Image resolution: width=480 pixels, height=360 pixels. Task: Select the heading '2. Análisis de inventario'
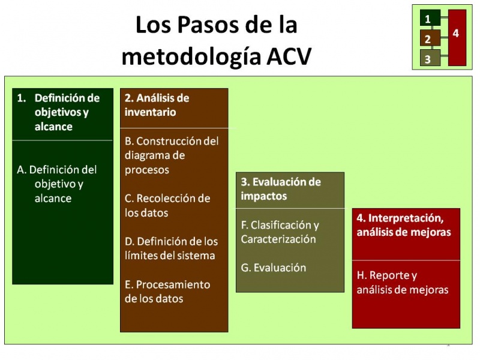(157, 105)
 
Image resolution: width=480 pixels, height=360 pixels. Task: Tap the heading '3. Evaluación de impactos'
(281, 188)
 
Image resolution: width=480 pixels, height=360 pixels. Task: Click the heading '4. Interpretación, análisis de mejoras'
(403, 225)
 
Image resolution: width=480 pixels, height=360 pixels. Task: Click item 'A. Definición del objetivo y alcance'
(57, 184)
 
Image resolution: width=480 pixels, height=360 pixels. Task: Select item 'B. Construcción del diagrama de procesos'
(172, 155)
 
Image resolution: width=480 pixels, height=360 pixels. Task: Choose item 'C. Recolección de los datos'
(167, 205)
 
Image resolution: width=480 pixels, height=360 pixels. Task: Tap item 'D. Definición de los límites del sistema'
(171, 248)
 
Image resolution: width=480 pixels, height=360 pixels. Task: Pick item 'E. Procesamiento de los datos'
(167, 291)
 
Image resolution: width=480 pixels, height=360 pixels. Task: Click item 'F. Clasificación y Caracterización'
(280, 232)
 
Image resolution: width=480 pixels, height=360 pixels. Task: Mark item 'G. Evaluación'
(273, 268)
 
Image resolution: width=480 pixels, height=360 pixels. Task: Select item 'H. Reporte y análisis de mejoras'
(402, 283)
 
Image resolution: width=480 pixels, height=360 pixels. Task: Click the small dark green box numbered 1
(428, 19)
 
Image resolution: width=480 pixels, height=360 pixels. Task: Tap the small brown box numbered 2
(428, 40)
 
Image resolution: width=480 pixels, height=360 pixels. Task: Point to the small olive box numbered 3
(428, 59)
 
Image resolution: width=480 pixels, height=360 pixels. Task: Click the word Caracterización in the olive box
(278, 239)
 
